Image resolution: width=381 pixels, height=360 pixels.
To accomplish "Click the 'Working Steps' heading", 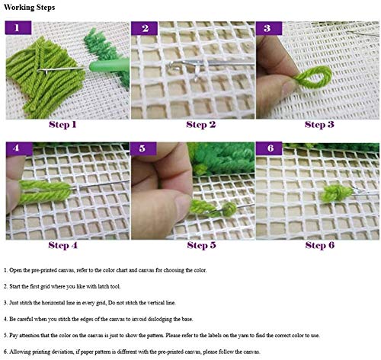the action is [29, 8].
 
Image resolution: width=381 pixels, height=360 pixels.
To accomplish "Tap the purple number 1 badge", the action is [18, 27].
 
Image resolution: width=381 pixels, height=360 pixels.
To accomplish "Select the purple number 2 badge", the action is [144, 28].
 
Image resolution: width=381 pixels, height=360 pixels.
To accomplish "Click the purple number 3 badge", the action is [269, 28].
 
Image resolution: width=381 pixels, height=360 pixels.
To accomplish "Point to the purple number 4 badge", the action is [19, 148].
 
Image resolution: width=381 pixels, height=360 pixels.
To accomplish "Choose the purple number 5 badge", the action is [143, 148].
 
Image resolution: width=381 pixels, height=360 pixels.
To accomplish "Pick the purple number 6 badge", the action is [269, 148].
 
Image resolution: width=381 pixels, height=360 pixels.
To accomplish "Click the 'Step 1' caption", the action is [62, 125].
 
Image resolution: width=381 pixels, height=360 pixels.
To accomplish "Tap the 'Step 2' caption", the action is [201, 125].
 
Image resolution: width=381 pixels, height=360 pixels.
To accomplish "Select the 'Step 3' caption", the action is [319, 125].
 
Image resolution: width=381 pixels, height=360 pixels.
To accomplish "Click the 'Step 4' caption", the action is [62, 245].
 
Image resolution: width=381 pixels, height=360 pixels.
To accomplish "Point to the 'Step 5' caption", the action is [201, 245].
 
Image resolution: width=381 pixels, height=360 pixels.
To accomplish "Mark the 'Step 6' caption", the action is [320, 245].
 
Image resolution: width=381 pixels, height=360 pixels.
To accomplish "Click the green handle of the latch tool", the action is [109, 65].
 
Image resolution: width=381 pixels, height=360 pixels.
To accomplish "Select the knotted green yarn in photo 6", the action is [336, 193].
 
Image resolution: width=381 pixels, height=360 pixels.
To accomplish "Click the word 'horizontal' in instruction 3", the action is [58, 303].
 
